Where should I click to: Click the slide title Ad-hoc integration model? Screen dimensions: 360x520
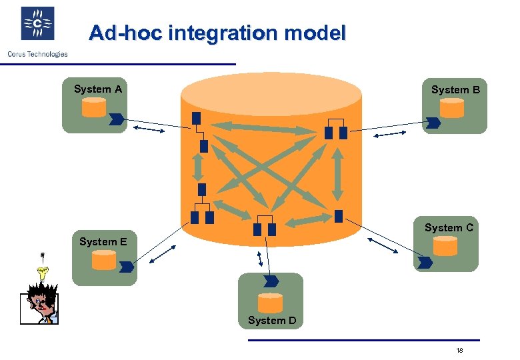(217, 33)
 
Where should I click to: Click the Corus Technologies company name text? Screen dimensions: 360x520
(37, 54)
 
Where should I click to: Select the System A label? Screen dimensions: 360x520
(97, 89)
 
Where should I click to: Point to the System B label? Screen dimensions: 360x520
(455, 89)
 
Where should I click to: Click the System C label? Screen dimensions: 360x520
(449, 227)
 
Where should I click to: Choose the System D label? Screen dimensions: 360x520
(271, 321)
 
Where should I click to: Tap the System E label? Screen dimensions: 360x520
(103, 241)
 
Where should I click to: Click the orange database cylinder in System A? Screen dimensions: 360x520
(93, 107)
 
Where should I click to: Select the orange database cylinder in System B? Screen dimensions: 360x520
(451, 108)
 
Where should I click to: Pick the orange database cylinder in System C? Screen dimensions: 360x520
(445, 247)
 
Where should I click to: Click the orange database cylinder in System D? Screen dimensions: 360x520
(270, 303)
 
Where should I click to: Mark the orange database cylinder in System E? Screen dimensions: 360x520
(103, 259)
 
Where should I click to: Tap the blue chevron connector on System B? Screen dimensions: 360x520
(434, 123)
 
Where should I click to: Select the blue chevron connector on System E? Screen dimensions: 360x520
(126, 267)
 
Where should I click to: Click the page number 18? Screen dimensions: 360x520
(459, 351)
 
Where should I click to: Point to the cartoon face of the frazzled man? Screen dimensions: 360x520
(39, 303)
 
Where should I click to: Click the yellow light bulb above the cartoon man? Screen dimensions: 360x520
(44, 271)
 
